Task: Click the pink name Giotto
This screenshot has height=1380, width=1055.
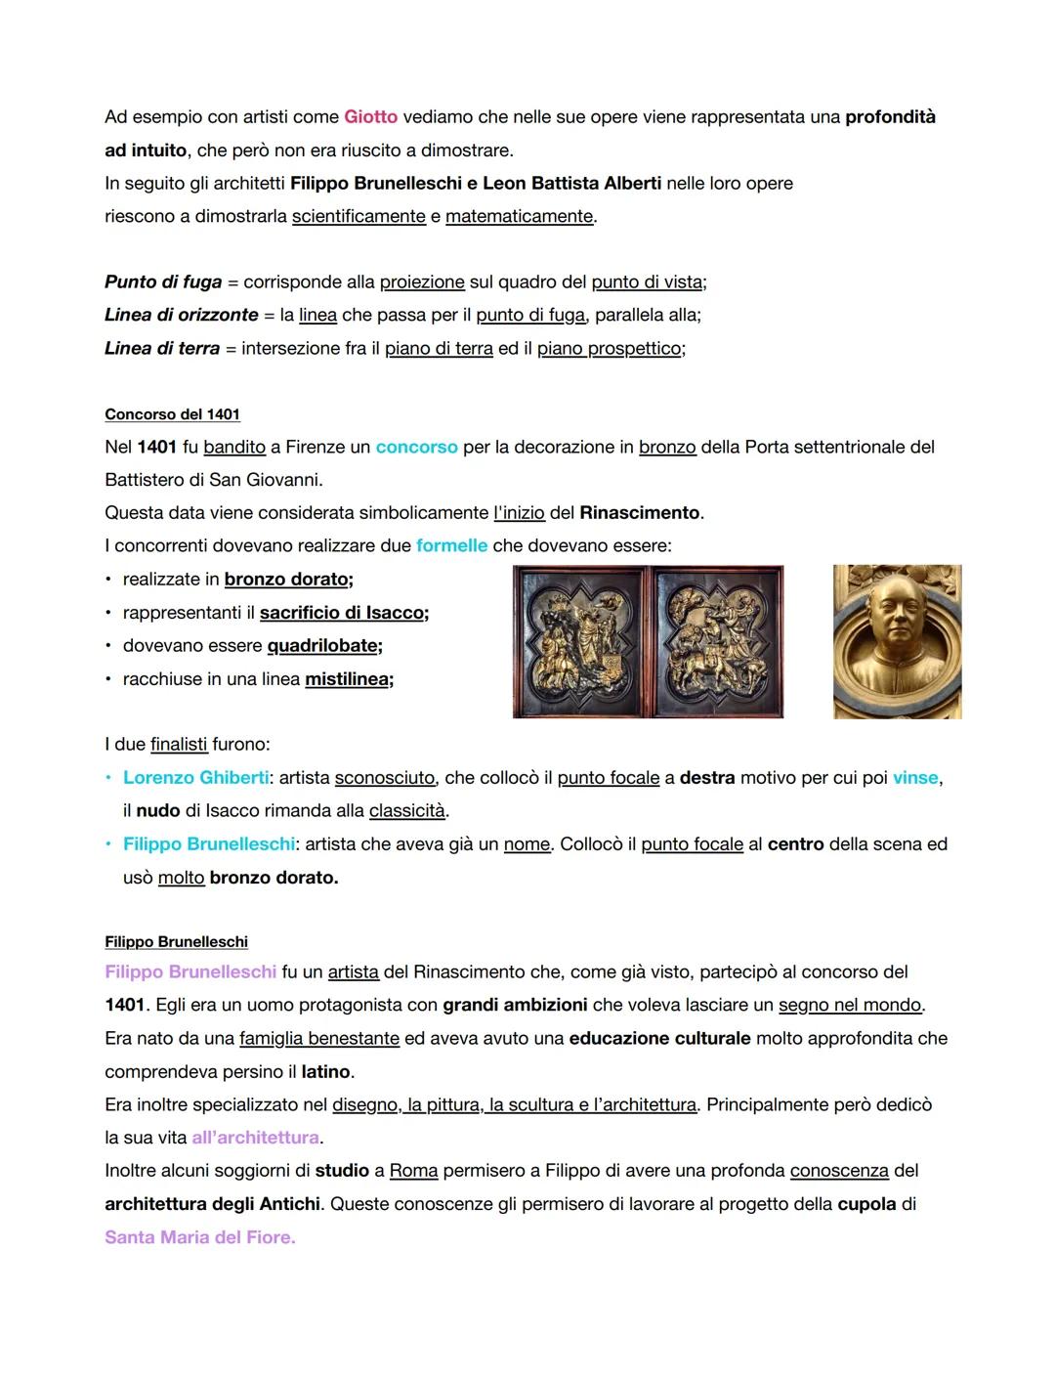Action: tap(370, 117)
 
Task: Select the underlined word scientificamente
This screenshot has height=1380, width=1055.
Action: tap(359, 216)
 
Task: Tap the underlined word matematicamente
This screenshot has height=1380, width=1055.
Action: tap(519, 216)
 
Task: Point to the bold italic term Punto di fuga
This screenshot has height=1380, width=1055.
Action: tap(163, 282)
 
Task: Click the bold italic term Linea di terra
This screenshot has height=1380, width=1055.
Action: tap(162, 348)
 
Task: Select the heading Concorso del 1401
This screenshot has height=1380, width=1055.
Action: tap(172, 414)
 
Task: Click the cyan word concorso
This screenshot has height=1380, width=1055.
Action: tap(416, 447)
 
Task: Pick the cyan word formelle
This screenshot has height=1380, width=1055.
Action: tap(451, 545)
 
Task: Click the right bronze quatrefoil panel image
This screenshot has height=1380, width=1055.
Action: tap(718, 641)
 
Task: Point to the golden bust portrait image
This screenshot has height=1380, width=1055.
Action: tap(897, 641)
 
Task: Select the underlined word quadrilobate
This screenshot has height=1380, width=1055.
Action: tap(323, 646)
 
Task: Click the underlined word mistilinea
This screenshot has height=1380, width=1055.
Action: tap(348, 679)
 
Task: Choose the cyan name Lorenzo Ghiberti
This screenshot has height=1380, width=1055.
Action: tap(195, 778)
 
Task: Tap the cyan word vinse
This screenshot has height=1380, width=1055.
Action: tap(915, 778)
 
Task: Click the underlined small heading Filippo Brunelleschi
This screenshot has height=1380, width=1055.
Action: tap(176, 942)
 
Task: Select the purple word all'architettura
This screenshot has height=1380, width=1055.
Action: tap(256, 1138)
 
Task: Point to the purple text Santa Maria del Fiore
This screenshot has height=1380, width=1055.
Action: tap(199, 1237)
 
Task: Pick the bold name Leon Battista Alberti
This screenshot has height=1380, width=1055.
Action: tap(571, 184)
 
